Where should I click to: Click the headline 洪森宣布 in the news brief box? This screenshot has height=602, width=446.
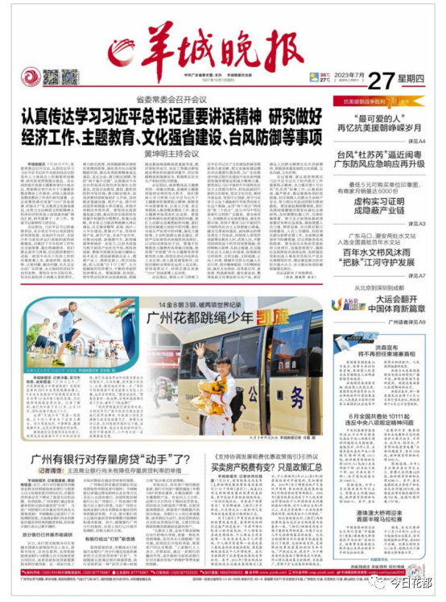(382, 348)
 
